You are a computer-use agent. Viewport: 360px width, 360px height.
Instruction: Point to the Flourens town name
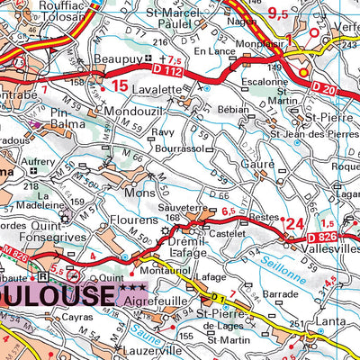click(136, 219)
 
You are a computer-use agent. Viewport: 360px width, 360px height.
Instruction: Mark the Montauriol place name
click(161, 271)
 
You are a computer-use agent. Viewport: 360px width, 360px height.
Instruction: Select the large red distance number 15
click(121, 86)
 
